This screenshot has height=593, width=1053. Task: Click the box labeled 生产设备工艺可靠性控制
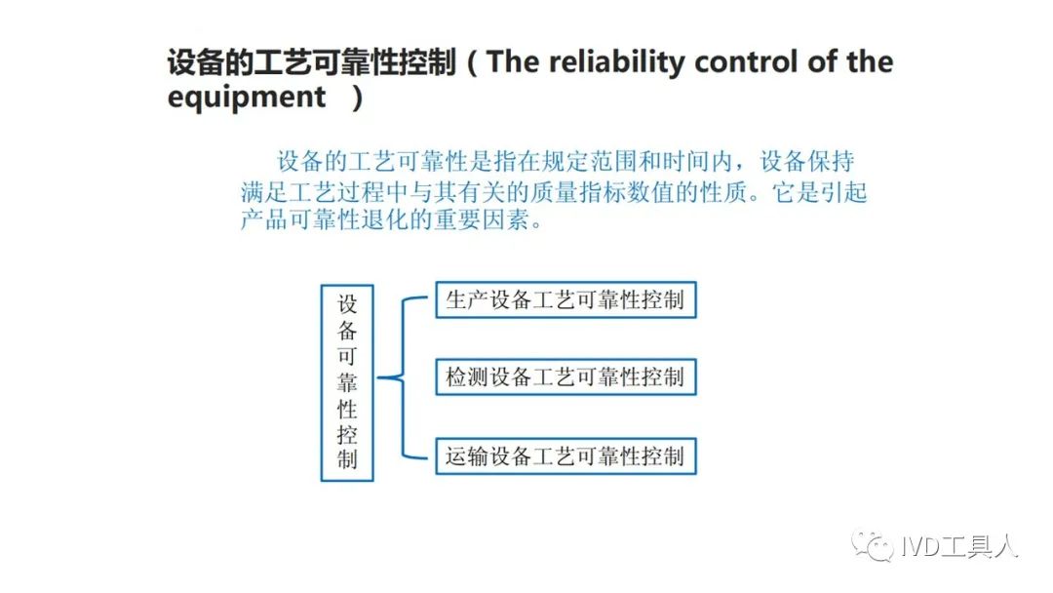pos(565,299)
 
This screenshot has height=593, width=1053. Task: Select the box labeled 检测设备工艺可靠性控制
pos(565,376)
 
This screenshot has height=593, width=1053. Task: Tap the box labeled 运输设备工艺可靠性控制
pos(565,456)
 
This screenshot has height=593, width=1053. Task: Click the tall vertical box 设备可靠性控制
pos(347,382)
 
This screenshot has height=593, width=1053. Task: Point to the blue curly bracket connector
pos(403,378)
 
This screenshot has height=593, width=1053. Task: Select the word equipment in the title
pos(247,99)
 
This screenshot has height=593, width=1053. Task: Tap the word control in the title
pos(747,62)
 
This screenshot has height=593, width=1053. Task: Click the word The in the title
pos(513,61)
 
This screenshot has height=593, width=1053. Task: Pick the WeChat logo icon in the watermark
pos(873,545)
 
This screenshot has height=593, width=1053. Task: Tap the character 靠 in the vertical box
pos(347,382)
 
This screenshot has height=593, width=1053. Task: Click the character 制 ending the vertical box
pos(347,460)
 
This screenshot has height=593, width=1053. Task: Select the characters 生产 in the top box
pos(467,299)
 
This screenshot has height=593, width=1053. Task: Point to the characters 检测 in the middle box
pos(467,376)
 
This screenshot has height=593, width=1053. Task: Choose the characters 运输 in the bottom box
pos(467,456)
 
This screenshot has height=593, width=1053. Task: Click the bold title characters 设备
pos(196,62)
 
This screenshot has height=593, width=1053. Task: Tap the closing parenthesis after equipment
pos(358,99)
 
